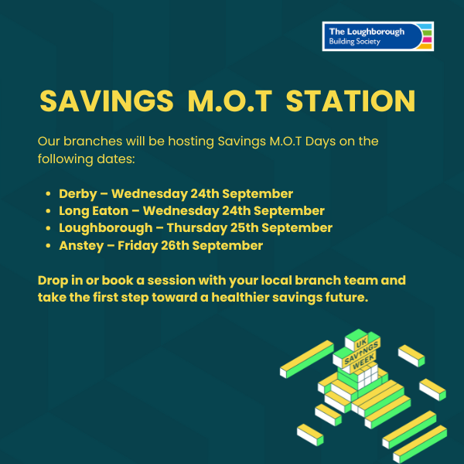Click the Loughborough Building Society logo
point(378,36)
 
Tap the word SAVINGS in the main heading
point(107,101)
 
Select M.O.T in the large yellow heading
point(230,101)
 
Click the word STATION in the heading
point(350,101)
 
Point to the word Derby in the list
point(78,194)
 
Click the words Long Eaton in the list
point(94,211)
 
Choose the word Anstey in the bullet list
point(81,246)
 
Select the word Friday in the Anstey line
point(138,246)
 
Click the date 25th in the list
point(244,228)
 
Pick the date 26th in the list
point(175,246)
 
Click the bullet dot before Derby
point(48,194)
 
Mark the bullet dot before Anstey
point(48,246)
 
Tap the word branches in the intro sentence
point(93,142)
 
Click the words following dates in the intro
point(86,159)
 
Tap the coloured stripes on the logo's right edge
point(426,36)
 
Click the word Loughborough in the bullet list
point(106,228)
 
